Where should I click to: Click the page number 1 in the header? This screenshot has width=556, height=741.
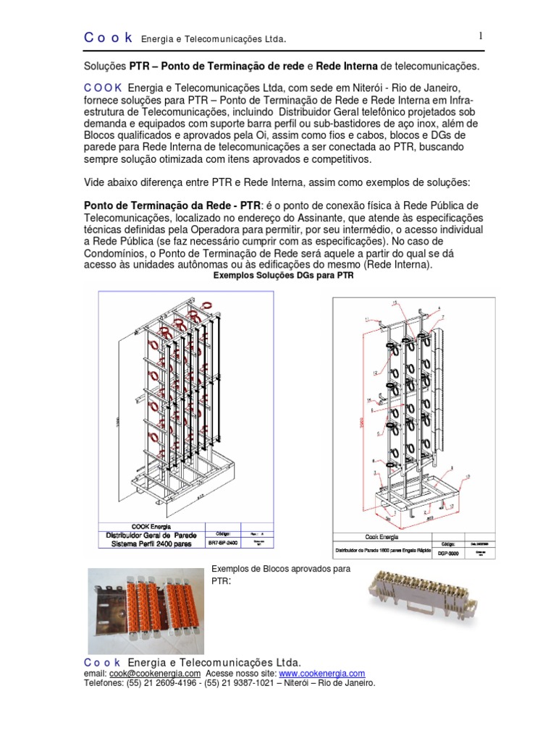tap(479, 36)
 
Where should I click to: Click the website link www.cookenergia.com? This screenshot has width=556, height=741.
tap(321, 673)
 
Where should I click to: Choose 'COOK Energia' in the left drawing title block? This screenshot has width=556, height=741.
tap(151, 525)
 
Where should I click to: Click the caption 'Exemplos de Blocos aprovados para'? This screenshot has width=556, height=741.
tap(280, 569)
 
